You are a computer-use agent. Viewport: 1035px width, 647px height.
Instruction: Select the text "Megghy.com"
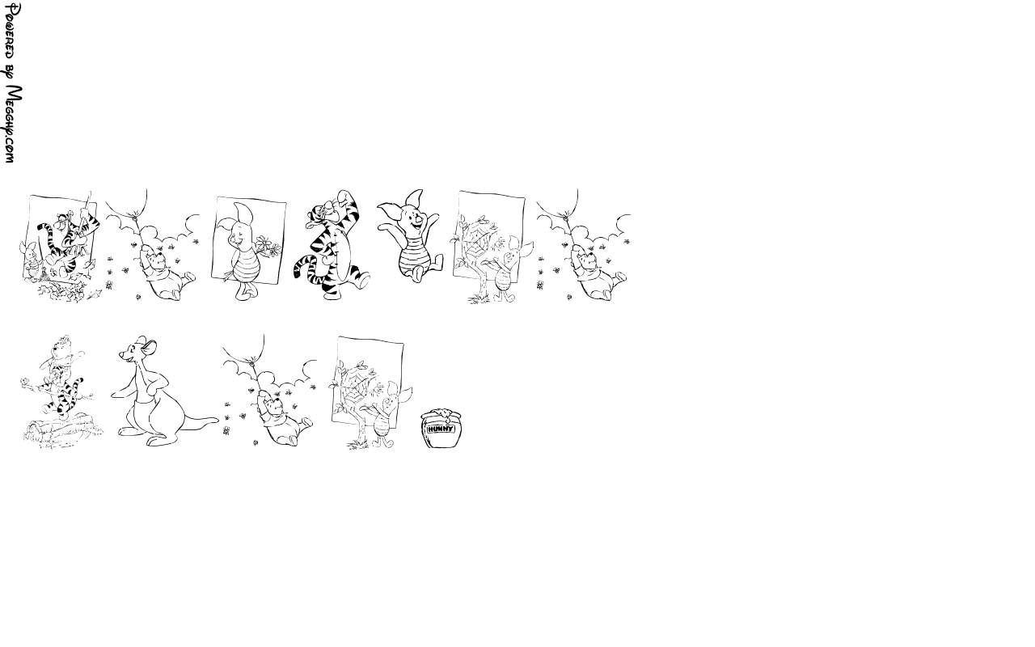(12, 124)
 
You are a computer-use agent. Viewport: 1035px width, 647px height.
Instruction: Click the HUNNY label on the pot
(441, 429)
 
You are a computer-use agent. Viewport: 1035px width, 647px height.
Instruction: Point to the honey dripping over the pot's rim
(445, 414)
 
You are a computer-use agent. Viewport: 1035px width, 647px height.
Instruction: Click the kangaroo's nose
(120, 355)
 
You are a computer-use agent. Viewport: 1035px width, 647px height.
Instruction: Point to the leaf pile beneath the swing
(65, 291)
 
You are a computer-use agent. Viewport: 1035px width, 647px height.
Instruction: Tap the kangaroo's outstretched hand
(115, 394)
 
